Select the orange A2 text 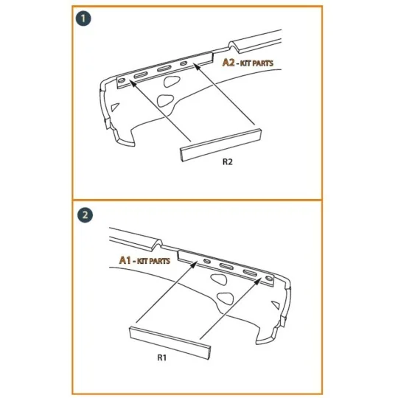click(229, 63)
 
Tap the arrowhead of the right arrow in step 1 click(196, 67)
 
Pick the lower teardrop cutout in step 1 click(168, 101)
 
